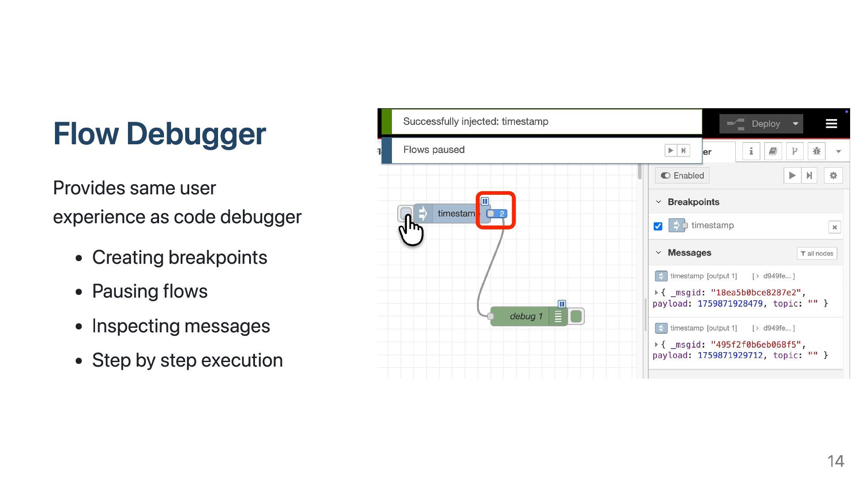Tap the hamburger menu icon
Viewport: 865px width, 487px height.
831,124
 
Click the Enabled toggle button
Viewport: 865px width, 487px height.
682,175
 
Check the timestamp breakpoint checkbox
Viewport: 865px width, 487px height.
658,226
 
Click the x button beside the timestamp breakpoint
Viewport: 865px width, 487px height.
834,227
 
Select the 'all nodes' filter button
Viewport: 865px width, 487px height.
817,253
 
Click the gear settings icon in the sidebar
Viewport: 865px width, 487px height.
833,175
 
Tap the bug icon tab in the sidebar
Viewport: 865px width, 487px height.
816,151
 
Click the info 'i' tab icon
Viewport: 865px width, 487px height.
751,151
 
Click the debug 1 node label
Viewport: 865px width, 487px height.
526,316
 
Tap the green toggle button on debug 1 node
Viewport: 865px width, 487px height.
576,316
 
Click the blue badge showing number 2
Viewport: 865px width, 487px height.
497,214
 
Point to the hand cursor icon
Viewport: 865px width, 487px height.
410,230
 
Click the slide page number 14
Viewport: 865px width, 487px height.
835,461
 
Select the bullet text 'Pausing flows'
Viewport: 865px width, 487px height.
150,291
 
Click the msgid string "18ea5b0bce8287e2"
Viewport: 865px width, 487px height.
756,292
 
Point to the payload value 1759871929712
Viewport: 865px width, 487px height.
730,355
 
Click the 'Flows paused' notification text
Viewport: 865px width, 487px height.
433,150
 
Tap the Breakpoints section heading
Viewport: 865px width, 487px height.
693,202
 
